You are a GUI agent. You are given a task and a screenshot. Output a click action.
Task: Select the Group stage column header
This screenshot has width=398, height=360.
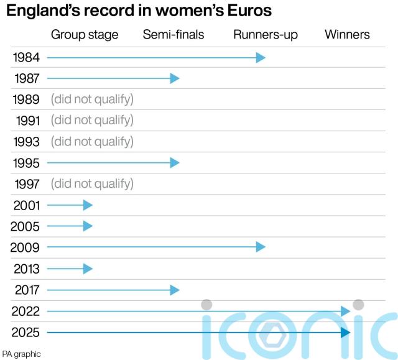[85, 35]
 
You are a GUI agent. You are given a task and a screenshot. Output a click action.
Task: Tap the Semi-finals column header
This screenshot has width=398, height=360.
[174, 35]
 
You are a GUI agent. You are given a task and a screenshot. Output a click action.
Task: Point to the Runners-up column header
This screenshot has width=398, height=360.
[266, 35]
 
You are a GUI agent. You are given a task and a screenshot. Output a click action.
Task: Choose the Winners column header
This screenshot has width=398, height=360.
[347, 35]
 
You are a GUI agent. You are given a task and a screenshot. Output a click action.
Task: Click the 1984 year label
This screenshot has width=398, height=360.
[25, 58]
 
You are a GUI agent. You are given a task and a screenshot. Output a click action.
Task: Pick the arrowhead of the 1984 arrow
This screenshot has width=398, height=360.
[261, 58]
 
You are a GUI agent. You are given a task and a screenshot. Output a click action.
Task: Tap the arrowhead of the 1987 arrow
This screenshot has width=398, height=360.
[175, 78]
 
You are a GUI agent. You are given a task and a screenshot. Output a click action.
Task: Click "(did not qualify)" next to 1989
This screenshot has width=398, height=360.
[92, 99]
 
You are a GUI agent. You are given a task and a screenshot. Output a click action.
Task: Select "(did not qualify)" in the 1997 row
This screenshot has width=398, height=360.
[92, 184]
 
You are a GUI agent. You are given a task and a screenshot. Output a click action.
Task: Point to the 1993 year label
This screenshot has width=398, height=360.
[25, 142]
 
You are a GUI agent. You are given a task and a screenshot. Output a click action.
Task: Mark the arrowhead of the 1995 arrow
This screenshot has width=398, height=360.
[175, 163]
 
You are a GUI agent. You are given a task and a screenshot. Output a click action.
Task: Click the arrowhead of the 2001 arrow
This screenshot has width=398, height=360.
[88, 205]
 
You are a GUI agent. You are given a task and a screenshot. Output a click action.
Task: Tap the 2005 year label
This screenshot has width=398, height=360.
[25, 226]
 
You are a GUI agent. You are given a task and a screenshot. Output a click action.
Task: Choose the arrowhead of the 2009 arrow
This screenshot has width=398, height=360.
[261, 247]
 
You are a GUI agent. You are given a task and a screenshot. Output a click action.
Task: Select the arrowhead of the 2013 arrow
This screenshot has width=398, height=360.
[88, 269]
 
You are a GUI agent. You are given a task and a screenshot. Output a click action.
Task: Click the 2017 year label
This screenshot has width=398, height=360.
[25, 290]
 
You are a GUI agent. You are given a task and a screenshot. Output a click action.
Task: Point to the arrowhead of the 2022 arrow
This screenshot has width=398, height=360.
[346, 311]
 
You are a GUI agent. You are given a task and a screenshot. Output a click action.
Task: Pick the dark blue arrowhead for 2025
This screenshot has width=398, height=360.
[346, 332]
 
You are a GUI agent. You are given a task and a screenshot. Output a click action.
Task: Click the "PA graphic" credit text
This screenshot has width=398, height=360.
[22, 354]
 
